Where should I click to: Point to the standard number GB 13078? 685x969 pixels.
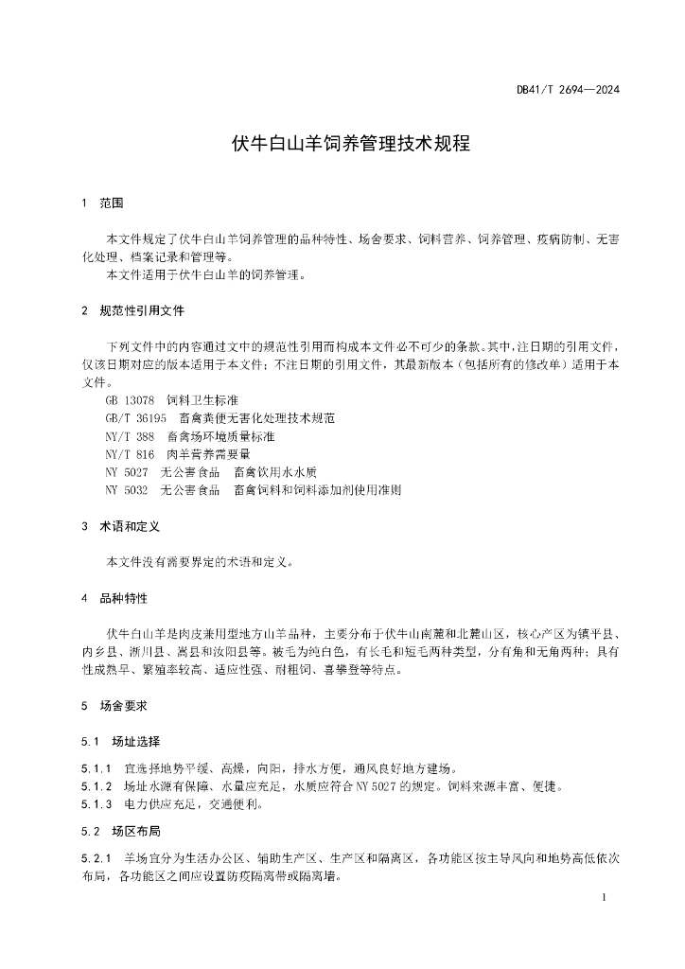pos(131,400)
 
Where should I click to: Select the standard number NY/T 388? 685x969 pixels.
pos(131,436)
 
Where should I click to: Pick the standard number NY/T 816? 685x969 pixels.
pos(131,454)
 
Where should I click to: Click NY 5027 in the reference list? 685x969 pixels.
pos(128,472)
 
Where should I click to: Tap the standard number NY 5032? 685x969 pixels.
pos(128,490)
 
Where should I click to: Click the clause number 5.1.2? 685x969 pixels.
pos(97,785)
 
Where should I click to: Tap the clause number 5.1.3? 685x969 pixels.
pos(97,804)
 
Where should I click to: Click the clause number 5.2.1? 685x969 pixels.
pos(97,858)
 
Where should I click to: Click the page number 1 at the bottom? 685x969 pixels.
pos(603,895)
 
